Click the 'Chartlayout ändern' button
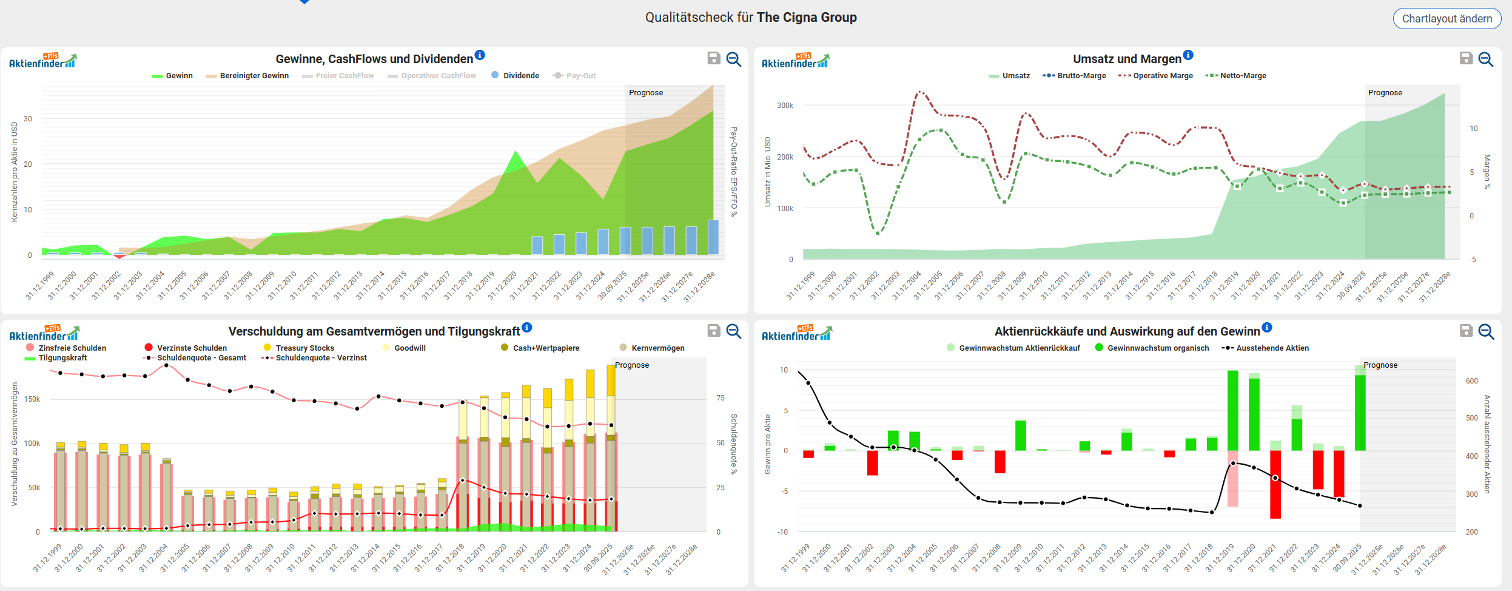point(1446,19)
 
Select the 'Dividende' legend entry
point(515,76)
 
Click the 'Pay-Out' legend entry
point(574,76)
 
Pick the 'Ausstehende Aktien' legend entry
point(1265,348)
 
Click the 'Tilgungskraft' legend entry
point(56,358)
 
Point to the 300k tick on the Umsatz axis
point(785,106)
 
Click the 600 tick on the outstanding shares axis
point(1472,381)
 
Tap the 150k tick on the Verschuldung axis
point(32,399)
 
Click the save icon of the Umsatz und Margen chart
point(1466,58)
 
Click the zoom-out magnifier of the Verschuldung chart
point(734,331)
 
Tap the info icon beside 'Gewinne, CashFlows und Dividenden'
point(480,55)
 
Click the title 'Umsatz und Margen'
point(1127,59)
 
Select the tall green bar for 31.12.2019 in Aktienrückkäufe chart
point(1232,411)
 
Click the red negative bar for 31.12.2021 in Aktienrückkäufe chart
point(1275,484)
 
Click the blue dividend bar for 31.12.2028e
point(713,237)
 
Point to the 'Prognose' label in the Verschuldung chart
point(632,365)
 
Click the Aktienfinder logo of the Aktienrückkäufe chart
point(796,334)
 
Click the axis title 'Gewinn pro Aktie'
point(768,444)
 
